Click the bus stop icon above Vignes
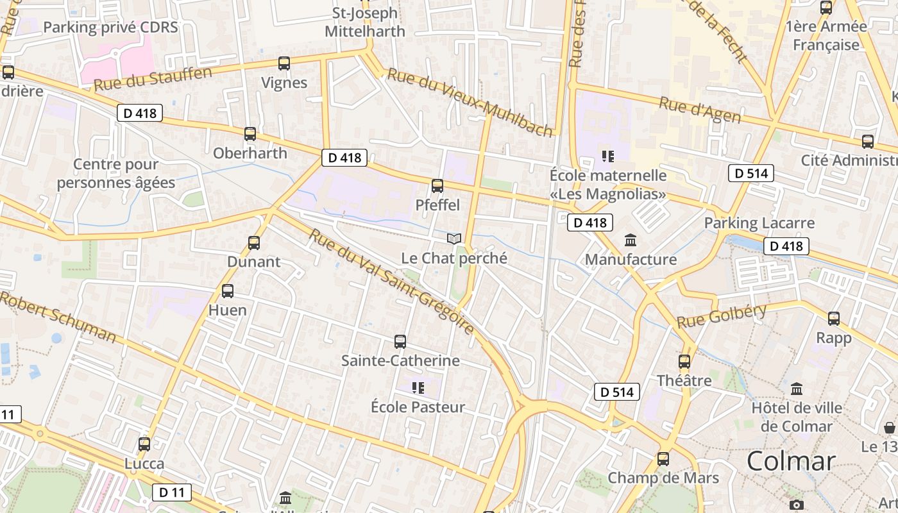pos(284,63)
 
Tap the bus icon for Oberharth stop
pos(250,134)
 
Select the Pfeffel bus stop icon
pos(437,186)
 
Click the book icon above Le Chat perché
pos(454,239)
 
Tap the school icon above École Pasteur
pos(418,387)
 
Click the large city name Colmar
pos(791,461)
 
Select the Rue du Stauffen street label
pos(153,79)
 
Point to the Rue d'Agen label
pos(700,110)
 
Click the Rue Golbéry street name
pos(722,316)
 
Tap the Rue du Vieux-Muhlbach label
pos(470,103)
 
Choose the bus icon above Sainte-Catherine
pos(400,341)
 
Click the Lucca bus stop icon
pos(144,444)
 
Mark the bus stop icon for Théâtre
pos(684,361)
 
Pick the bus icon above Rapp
pos(834,318)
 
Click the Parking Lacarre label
pos(759,223)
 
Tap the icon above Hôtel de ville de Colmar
pos(797,389)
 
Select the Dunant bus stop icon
pos(254,243)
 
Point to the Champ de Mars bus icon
pos(663,459)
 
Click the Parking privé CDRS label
pos(110,27)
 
